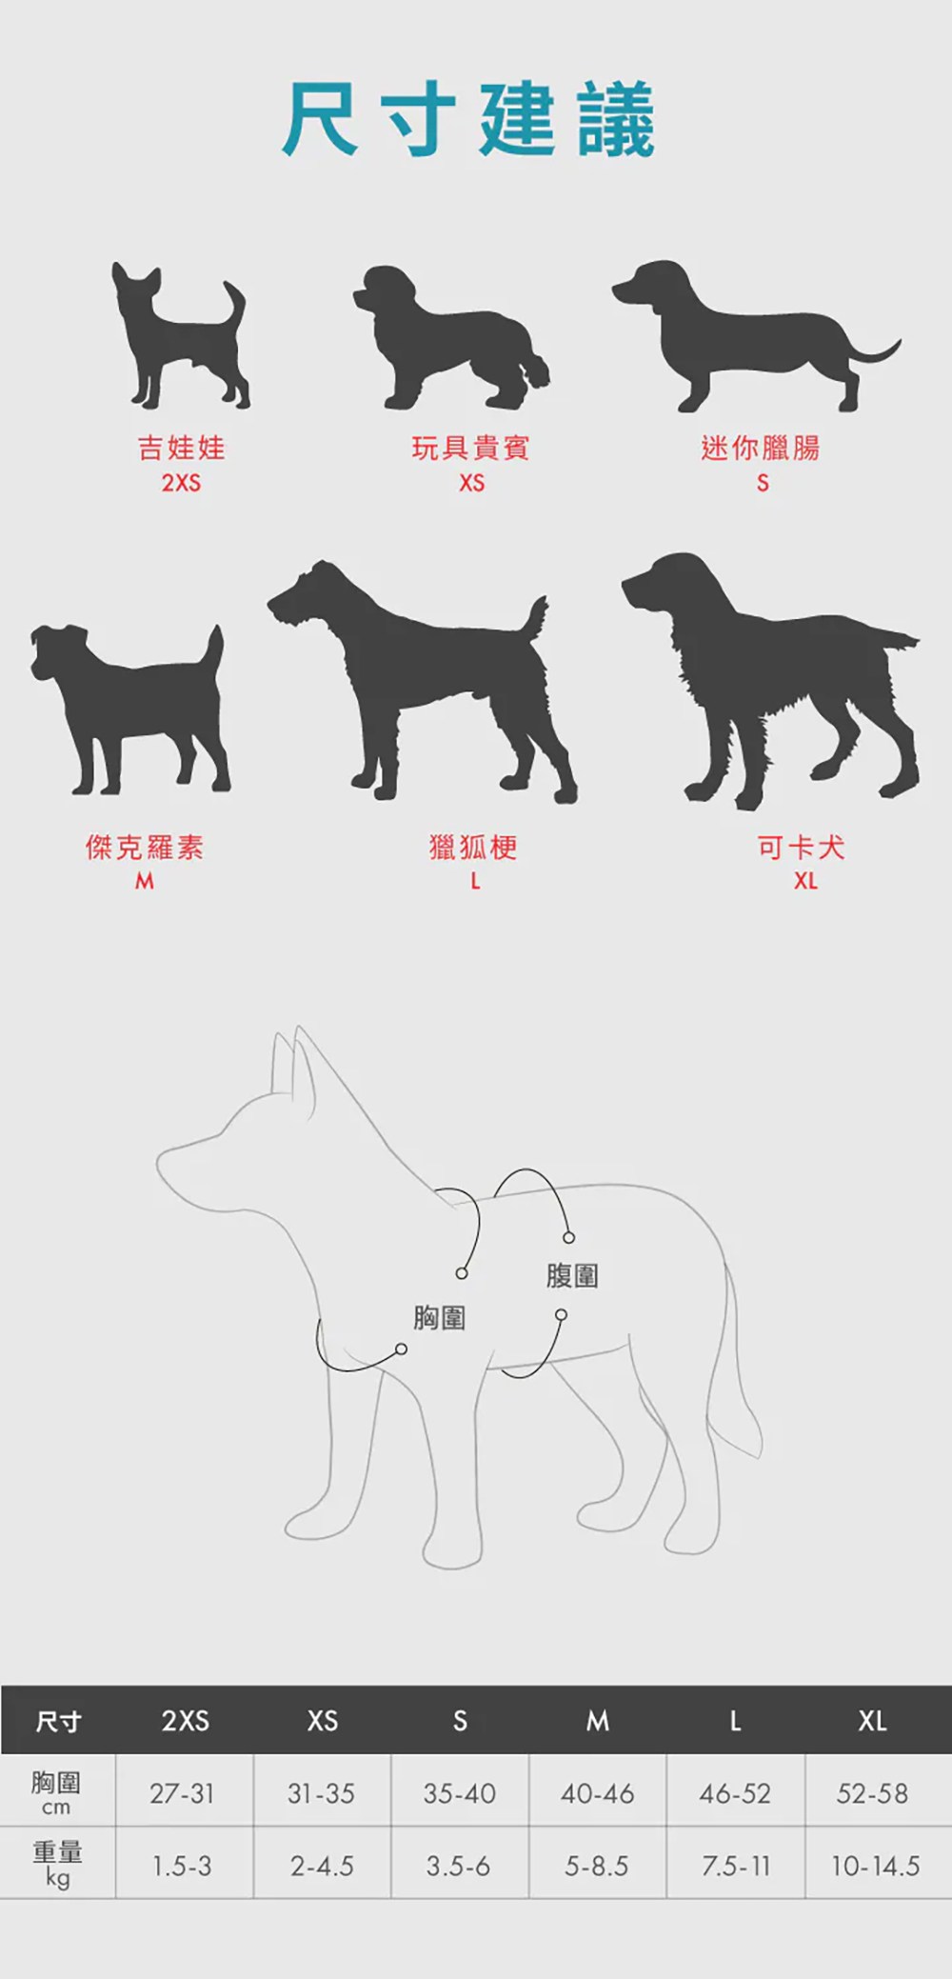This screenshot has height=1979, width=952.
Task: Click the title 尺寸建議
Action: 469,119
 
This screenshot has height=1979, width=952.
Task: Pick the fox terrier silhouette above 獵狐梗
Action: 428,686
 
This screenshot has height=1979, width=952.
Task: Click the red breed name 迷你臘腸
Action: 760,448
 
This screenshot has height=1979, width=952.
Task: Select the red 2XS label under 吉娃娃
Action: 181,484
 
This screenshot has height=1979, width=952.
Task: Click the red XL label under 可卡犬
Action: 805,882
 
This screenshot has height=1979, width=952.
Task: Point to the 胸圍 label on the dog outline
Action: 439,1318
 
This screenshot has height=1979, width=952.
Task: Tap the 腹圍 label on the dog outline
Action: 572,1275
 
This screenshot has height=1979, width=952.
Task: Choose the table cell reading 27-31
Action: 182,1793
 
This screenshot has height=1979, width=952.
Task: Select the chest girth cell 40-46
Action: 597,1793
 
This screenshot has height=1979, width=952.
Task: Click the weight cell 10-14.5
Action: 875,1866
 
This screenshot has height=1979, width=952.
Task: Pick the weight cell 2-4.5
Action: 322,1866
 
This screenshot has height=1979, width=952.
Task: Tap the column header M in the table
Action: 597,1721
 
